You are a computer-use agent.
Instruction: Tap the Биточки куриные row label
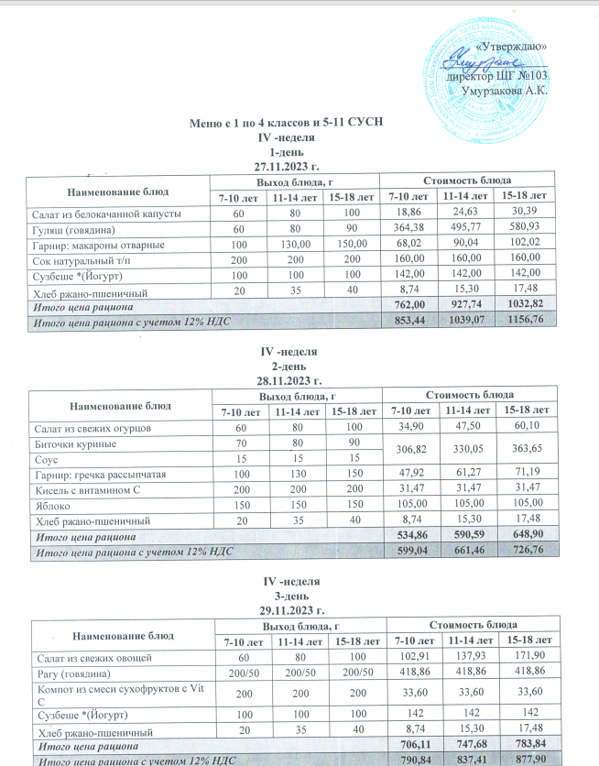(x=69, y=444)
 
